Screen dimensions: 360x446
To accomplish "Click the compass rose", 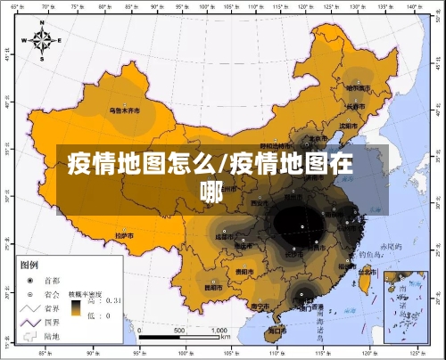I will [43, 39].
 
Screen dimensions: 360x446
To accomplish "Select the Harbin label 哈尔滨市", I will [358, 87].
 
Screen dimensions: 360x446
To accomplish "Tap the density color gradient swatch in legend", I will [78, 307].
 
